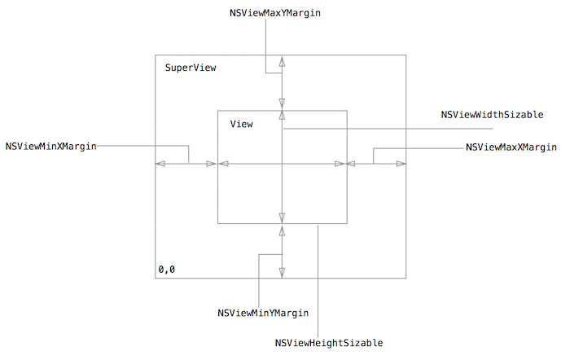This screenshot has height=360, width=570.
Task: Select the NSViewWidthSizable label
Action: pyautogui.click(x=492, y=115)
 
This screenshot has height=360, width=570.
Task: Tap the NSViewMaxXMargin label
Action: pyautogui.click(x=511, y=147)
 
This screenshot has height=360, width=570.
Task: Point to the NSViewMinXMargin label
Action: pyautogui.click(x=50, y=147)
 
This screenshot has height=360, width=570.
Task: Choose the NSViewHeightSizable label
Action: pyautogui.click(x=329, y=343)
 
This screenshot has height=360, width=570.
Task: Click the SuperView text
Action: pyautogui.click(x=191, y=68)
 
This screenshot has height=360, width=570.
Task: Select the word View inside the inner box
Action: pyautogui.click(x=241, y=124)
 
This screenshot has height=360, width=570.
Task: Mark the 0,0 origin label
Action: pyautogui.click(x=166, y=269)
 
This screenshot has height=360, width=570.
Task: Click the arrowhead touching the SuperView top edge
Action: pyautogui.click(x=282, y=61)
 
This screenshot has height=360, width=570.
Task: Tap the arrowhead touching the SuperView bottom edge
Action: pyautogui.click(x=282, y=273)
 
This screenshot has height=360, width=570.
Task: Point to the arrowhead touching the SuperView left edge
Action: pyautogui.click(x=160, y=165)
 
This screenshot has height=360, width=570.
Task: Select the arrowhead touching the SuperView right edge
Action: pyautogui.click(x=401, y=165)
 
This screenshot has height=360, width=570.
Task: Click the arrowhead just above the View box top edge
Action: pyautogui.click(x=282, y=104)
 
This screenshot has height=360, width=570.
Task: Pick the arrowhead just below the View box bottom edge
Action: pyautogui.click(x=282, y=230)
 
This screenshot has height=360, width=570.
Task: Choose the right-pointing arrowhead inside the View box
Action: pyautogui.click(x=340, y=165)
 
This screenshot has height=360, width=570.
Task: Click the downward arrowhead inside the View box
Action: pyautogui.click(x=282, y=217)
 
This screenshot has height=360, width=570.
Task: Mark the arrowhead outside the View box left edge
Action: pyautogui.click(x=211, y=165)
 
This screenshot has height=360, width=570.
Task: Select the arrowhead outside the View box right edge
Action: pyautogui.click(x=353, y=165)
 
